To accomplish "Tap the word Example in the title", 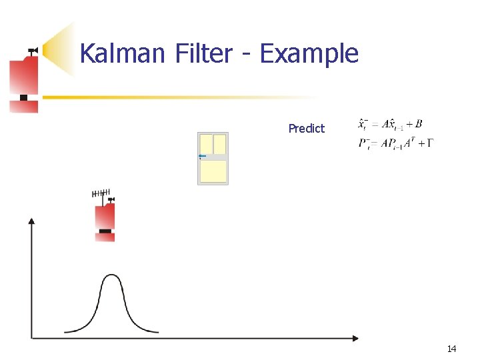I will click(309, 53).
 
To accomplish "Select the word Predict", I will click(306, 128).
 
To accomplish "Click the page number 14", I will click(451, 349).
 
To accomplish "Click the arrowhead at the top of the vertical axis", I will click(31, 221).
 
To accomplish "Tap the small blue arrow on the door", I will click(202, 157).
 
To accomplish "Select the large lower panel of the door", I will click(213, 171).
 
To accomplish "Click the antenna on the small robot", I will click(100, 194).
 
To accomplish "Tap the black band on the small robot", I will click(105, 231).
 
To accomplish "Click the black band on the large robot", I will click(24, 98).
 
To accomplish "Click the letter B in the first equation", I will click(418, 124).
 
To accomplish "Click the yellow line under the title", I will click(167, 97).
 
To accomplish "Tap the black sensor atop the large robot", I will click(31, 50).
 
